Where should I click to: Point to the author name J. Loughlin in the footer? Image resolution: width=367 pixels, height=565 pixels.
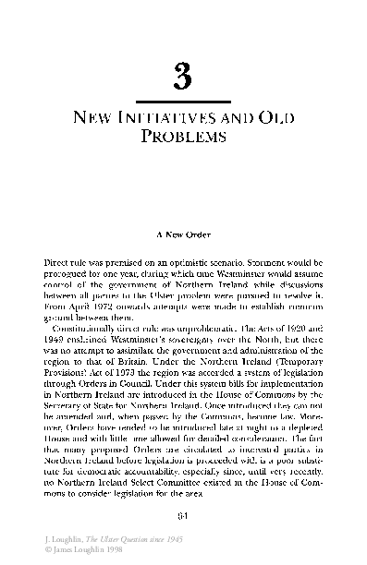[x=43, y=538]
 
